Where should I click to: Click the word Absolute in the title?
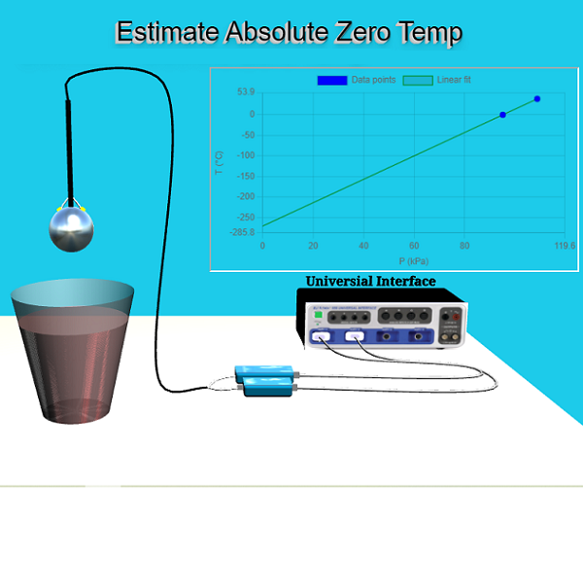(x=275, y=33)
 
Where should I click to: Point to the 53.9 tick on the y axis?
(x=245, y=92)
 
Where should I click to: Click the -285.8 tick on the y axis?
(x=240, y=233)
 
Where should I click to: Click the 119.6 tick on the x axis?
(x=566, y=246)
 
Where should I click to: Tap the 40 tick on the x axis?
(x=363, y=246)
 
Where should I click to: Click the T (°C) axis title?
(x=220, y=162)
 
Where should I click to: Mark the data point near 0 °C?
(x=502, y=115)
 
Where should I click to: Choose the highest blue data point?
(x=537, y=99)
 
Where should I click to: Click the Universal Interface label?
(x=370, y=282)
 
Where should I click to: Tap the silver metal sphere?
(x=72, y=226)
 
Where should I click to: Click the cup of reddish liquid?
(x=73, y=350)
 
